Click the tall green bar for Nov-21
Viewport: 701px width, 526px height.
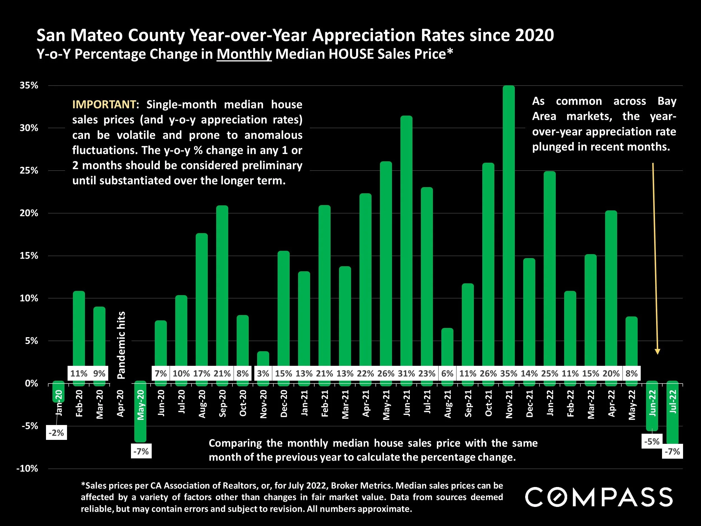tap(509, 222)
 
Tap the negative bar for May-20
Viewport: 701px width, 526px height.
tap(140, 412)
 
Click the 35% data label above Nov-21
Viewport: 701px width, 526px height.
tap(509, 373)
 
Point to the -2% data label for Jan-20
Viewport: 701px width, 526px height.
tap(56, 433)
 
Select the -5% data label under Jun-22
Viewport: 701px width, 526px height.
tap(652, 441)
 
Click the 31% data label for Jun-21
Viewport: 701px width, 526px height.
tap(406, 373)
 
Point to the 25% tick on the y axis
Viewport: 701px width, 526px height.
tap(29, 171)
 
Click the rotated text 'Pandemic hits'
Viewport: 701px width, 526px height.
tap(121, 345)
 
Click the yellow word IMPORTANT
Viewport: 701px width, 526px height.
tap(104, 104)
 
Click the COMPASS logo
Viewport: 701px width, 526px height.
tap(599, 497)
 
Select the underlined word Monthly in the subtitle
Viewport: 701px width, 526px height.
tap(244, 54)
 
